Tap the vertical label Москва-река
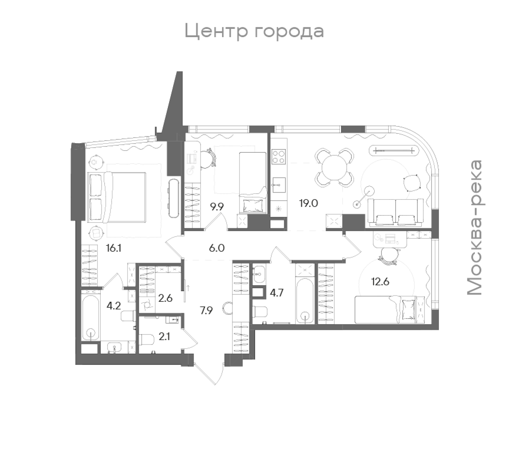click(x=475, y=228)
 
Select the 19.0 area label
click(x=309, y=203)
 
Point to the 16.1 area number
click(x=114, y=248)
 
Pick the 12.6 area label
click(x=380, y=282)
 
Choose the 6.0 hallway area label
click(x=216, y=248)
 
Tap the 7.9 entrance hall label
click(x=206, y=311)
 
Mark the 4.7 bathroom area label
click(x=277, y=293)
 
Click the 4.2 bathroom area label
click(x=114, y=306)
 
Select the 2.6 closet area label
click(x=165, y=298)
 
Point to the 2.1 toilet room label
click(x=164, y=336)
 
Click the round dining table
click(x=334, y=168)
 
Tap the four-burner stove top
click(x=279, y=157)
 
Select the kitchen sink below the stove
click(x=279, y=185)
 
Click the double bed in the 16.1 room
click(x=117, y=197)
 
